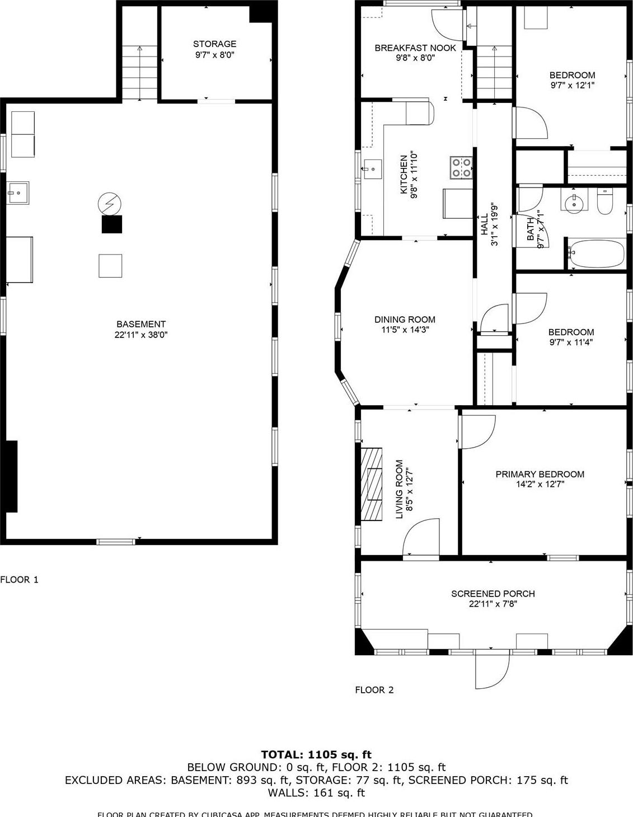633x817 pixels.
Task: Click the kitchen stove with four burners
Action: point(462,167)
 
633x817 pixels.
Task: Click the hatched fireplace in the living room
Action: point(371,485)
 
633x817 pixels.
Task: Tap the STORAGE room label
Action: point(214,44)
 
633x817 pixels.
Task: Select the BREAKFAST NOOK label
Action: point(415,48)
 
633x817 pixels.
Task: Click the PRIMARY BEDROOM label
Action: point(540,474)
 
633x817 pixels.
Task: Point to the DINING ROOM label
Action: point(405,320)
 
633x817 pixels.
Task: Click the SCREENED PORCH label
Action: point(493,594)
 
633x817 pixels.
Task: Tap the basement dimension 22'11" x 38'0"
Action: point(141,335)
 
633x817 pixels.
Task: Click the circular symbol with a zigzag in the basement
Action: point(109,203)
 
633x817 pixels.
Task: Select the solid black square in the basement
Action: point(111,224)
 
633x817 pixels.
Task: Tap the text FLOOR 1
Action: point(20,580)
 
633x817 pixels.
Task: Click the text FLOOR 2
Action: point(374,690)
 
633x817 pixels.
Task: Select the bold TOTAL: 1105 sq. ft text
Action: point(316,754)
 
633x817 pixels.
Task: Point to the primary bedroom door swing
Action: point(476,431)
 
